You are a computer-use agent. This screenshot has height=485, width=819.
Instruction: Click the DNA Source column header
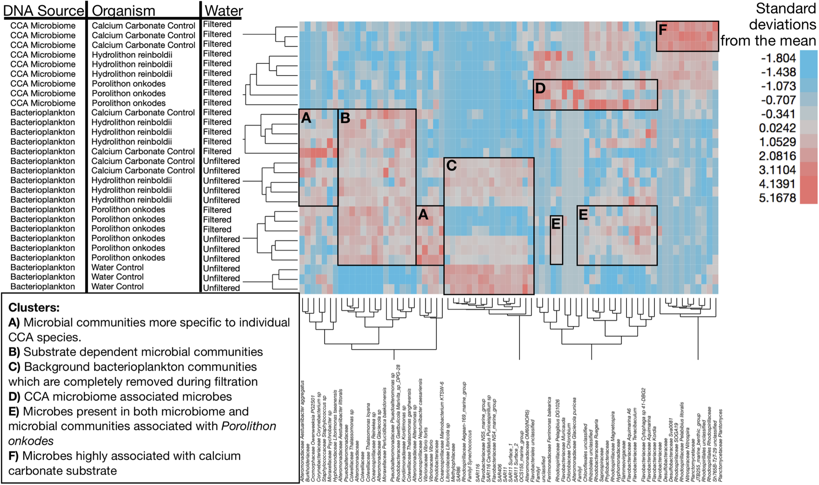tap(44, 11)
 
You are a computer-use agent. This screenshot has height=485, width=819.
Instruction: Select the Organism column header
tap(123, 11)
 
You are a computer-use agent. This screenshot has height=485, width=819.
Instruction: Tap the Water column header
tap(224, 11)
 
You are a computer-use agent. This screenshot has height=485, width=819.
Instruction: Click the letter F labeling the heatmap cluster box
tap(662, 30)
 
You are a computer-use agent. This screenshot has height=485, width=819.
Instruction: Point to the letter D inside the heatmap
tap(540, 88)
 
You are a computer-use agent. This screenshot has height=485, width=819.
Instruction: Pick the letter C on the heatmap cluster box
tap(451, 166)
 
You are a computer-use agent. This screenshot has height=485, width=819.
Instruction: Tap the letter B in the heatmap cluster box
tap(345, 118)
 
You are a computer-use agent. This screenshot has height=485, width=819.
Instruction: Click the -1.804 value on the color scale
tap(778, 58)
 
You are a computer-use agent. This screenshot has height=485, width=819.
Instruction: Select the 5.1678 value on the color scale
tap(777, 198)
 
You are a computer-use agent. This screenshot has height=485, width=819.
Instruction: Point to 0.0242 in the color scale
tap(777, 128)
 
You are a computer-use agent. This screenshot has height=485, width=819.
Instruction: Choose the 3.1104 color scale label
tap(777, 170)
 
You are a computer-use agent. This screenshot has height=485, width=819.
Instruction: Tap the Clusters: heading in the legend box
tap(34, 308)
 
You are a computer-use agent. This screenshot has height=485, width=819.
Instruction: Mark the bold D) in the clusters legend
tap(14, 397)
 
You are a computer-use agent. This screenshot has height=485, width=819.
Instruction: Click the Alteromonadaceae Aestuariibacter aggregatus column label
tap(302, 431)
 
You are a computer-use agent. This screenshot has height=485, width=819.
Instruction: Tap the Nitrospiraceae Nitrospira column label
tap(687, 454)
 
